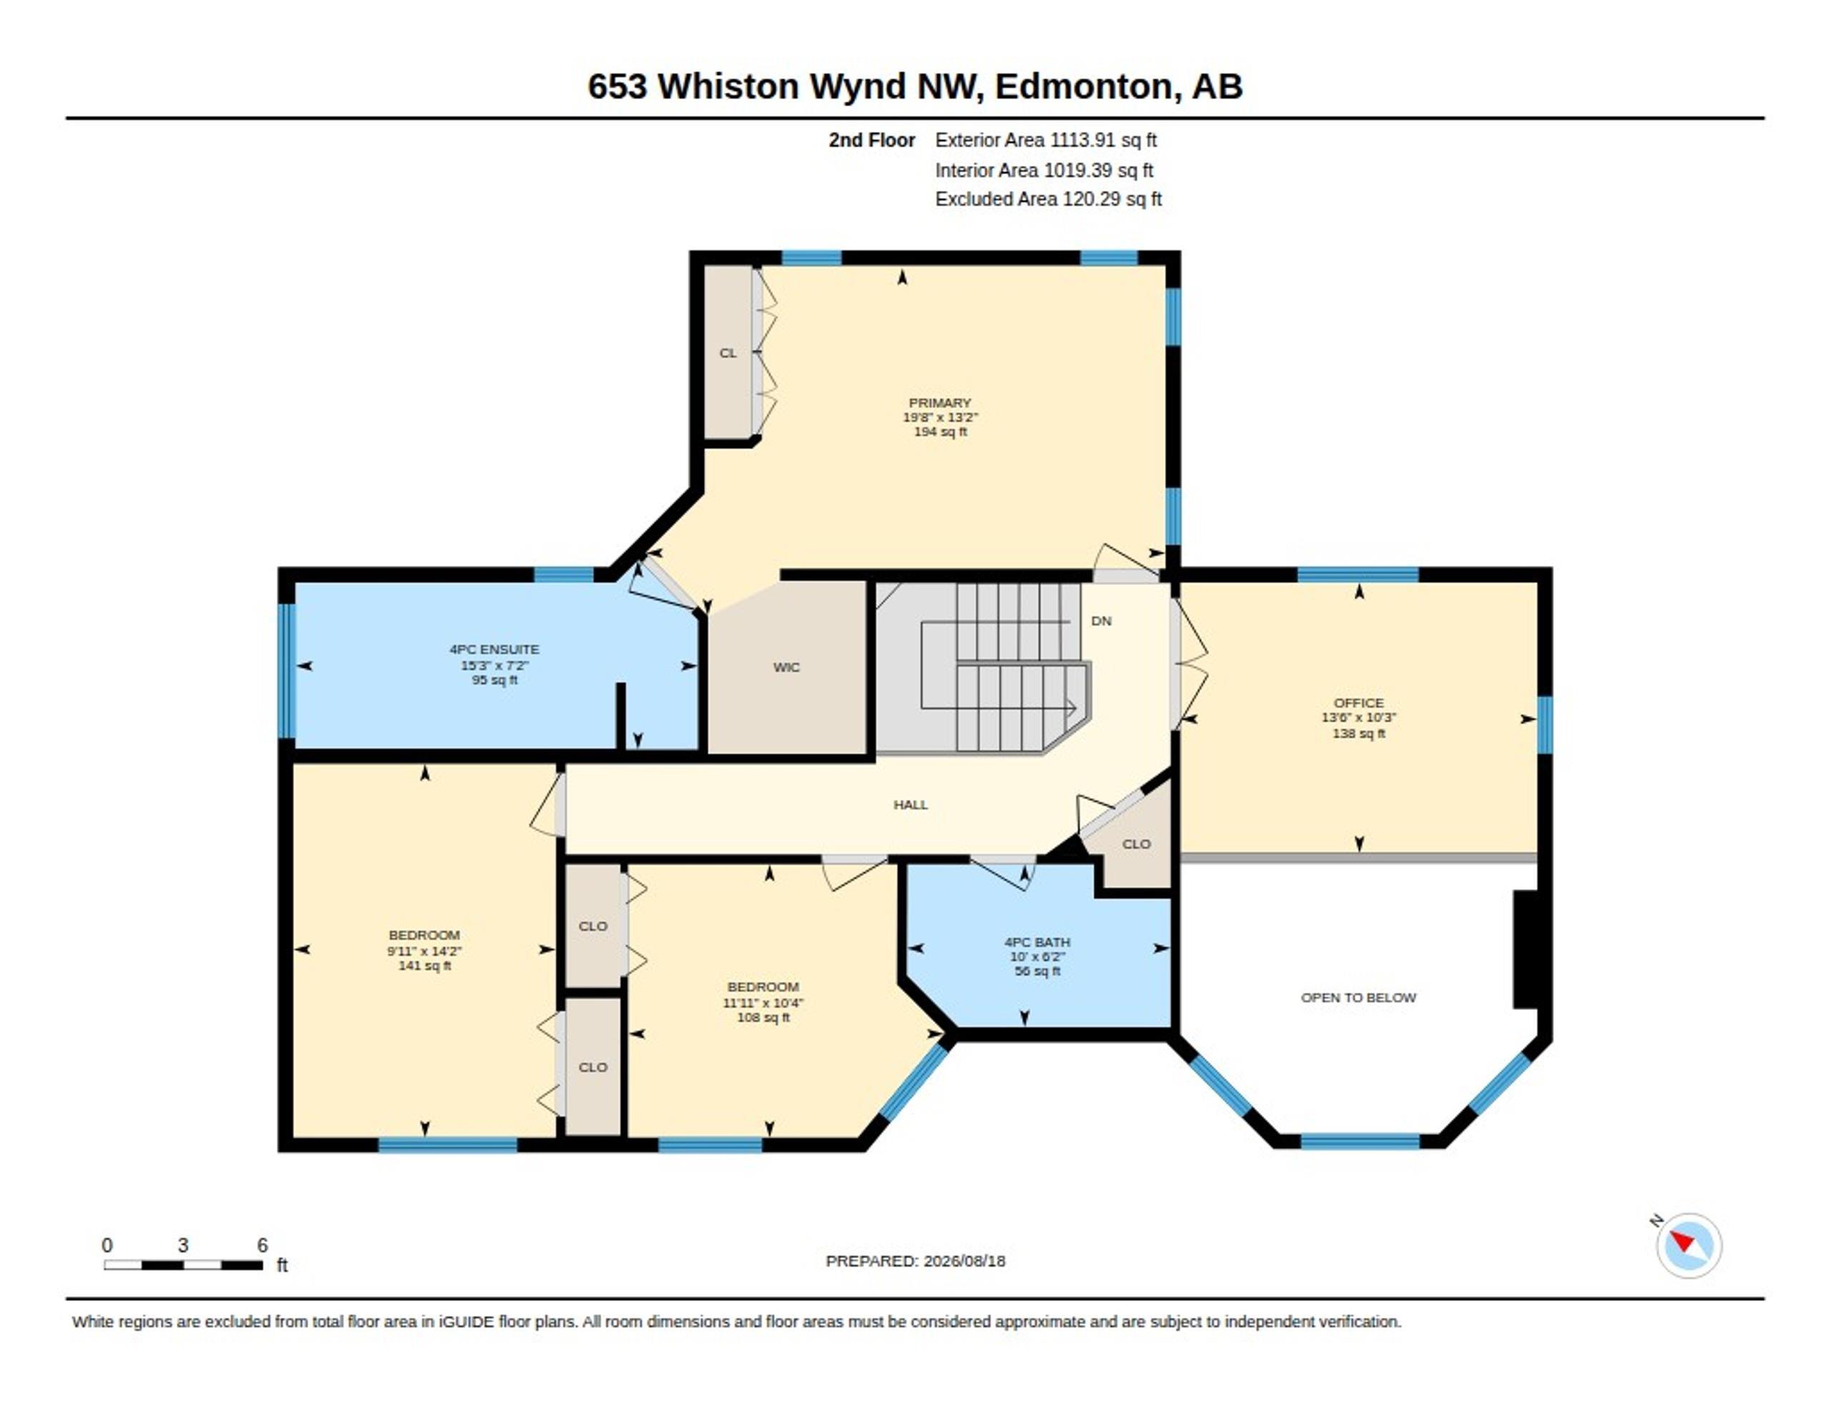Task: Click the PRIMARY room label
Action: pos(939,403)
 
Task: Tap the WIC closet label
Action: pos(786,667)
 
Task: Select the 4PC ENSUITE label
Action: pos(495,649)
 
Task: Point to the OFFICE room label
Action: pos(1358,703)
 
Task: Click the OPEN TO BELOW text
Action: pos(1358,997)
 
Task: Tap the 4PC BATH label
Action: pos(1037,942)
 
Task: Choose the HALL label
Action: pos(910,805)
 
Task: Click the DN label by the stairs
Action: pos(1101,621)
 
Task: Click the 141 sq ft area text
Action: pos(424,966)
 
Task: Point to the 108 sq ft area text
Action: pos(763,1018)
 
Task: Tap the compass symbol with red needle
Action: pos(1688,1246)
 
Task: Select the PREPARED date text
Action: pos(915,1261)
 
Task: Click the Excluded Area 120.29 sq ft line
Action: pos(1048,199)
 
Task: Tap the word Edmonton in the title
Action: pos(1082,86)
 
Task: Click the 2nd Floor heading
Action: pos(871,140)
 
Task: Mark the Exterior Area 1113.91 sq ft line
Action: pos(1046,140)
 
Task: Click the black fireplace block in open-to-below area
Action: pos(1525,949)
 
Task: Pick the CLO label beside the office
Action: pos(1136,844)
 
